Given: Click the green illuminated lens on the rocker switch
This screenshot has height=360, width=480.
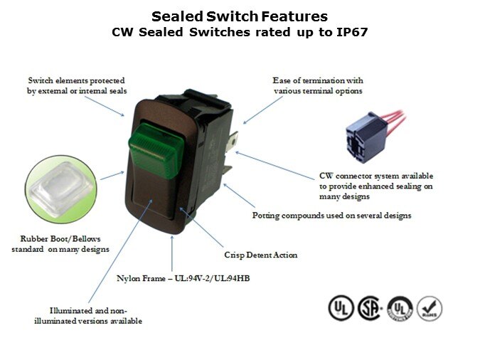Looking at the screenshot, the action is (156, 151).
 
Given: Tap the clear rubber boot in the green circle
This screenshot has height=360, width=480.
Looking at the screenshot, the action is (61, 188).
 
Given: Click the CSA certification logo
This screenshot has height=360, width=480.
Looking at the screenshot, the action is (370, 308).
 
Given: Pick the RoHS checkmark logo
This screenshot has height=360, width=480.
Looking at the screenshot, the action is (430, 308).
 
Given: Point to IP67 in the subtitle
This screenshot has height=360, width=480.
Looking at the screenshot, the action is (352, 32).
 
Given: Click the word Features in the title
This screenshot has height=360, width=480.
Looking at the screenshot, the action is (294, 16).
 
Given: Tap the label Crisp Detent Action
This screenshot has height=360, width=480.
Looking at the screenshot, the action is (261, 255).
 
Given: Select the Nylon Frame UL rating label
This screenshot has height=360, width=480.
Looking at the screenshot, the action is (183, 278).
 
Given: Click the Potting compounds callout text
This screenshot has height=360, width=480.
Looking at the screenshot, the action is (331, 216).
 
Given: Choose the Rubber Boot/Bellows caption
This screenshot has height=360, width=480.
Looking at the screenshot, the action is (60, 244).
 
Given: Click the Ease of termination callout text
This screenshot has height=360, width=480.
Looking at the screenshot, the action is (318, 85).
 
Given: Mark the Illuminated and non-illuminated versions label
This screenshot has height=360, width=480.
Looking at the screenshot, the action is (88, 316).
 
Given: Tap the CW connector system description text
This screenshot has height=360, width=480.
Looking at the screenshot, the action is (376, 186).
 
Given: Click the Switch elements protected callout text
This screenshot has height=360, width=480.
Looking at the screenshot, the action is (77, 85).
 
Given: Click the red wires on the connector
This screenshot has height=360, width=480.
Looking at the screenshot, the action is (397, 118).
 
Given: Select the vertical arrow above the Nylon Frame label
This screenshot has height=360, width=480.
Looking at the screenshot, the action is (172, 253).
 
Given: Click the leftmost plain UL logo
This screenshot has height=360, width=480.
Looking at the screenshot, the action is (341, 308).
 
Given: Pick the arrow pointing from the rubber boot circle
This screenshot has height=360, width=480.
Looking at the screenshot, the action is (112, 176).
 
